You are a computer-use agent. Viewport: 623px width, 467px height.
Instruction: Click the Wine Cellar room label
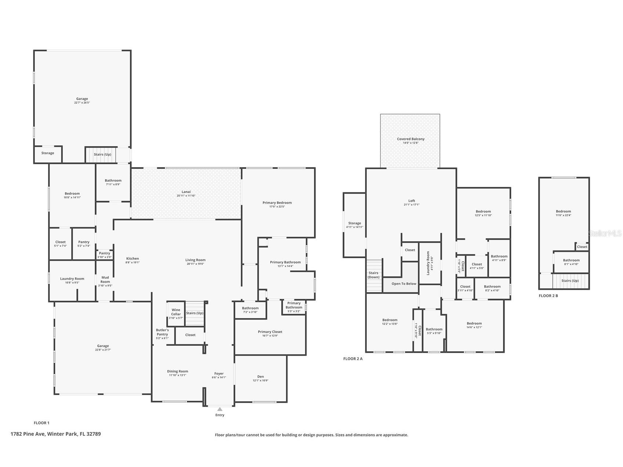176,312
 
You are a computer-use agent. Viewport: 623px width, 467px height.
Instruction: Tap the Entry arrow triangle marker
220,409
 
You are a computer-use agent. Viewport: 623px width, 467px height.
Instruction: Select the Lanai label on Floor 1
186,192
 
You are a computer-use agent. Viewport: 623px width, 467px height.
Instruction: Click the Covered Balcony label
410,139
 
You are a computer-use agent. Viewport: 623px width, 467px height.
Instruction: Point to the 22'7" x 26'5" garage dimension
82,103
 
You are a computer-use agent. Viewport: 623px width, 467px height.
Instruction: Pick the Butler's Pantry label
162,332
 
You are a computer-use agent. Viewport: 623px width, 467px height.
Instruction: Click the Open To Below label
404,284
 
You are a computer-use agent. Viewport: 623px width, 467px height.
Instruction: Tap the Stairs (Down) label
373,275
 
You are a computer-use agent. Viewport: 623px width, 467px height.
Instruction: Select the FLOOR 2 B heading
548,296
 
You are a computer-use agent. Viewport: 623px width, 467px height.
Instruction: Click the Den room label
260,376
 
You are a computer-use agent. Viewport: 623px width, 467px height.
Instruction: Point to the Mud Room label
105,279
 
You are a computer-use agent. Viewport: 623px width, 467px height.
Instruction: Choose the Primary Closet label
270,332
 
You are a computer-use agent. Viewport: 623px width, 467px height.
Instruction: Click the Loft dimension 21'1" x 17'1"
412,205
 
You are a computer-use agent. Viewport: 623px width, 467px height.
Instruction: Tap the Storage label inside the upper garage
48,153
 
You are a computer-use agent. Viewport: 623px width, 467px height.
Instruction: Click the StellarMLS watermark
605,233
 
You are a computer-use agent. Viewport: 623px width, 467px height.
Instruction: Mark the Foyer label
219,373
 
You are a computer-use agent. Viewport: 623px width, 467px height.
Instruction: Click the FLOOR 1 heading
41,423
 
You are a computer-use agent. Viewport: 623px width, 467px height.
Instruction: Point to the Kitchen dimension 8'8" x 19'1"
133,263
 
